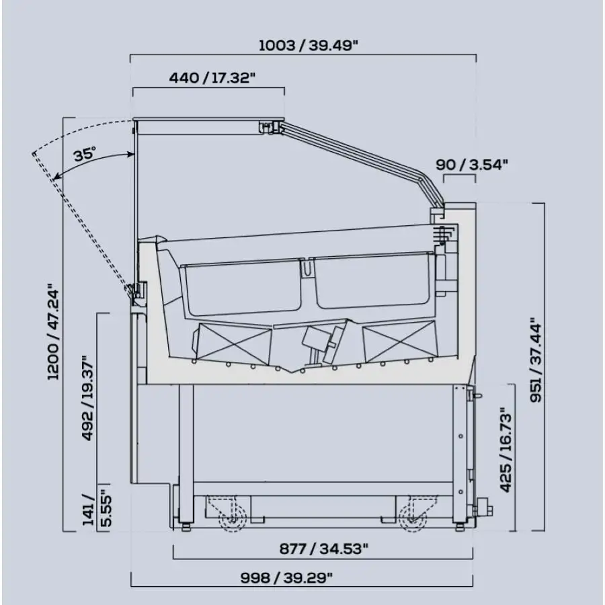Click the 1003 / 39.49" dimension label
308,46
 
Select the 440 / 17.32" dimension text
212,78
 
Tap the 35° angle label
85,155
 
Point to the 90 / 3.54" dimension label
471,165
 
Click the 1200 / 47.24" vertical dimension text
53,332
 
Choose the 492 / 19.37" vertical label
87,398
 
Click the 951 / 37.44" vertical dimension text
536,360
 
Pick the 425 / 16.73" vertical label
506,450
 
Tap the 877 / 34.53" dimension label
324,549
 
